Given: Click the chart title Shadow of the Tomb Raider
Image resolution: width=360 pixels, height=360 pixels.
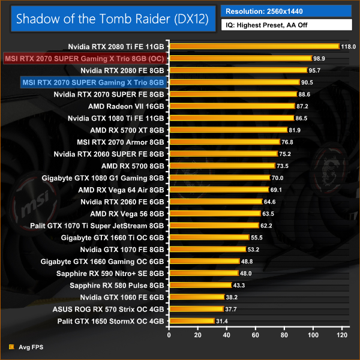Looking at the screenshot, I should tap(112, 19).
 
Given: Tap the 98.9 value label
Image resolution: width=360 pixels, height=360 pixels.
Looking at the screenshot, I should tap(320, 58).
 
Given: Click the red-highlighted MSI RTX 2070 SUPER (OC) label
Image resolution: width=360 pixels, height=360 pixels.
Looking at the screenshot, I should tap(84, 58).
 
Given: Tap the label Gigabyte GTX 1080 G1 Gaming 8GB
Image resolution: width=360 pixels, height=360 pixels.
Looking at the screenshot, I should tap(103, 178).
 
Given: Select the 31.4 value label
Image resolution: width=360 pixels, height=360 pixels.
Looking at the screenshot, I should tap(223, 321).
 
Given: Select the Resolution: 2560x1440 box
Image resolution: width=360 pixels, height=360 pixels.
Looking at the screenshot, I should tap(285, 11).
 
